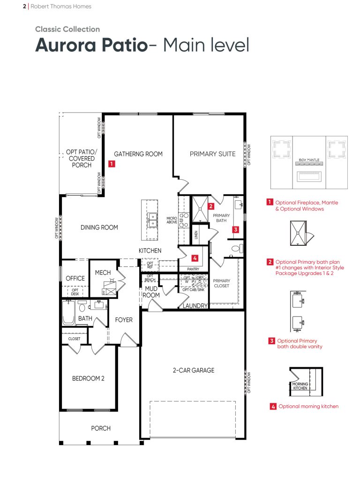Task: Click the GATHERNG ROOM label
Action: [138, 154]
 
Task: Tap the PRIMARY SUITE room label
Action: [213, 154]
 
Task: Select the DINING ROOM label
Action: [99, 228]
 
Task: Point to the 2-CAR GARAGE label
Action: [194, 371]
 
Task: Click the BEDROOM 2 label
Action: [88, 379]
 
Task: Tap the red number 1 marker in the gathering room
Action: [112, 164]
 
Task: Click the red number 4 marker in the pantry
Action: [195, 258]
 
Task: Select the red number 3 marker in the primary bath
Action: [236, 229]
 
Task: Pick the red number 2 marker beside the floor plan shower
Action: [211, 206]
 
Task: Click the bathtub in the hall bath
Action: [68, 312]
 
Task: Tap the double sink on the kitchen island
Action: [152, 220]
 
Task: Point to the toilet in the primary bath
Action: [237, 249]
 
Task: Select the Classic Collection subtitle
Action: [67, 29]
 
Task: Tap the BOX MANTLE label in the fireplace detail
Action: [309, 160]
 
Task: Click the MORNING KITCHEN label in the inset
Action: [300, 386]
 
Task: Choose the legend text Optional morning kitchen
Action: [308, 407]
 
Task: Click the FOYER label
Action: [124, 320]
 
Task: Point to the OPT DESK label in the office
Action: [75, 292]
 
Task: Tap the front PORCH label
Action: [101, 428]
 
